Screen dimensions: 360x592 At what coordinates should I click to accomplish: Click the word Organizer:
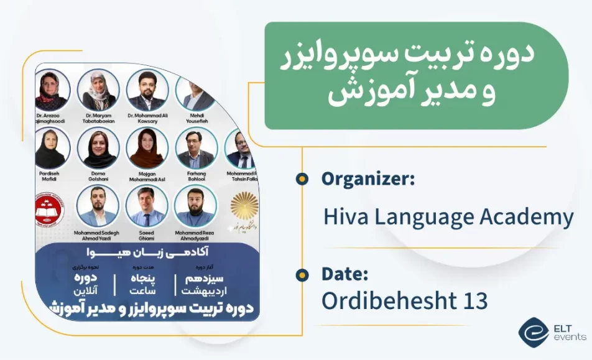click(x=368, y=180)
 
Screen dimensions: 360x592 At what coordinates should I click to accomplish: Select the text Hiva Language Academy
click(x=448, y=218)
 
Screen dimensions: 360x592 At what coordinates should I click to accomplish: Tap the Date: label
click(x=345, y=274)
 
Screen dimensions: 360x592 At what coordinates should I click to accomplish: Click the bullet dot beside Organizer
click(x=302, y=180)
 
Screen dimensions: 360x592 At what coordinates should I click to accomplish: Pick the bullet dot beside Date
click(x=302, y=274)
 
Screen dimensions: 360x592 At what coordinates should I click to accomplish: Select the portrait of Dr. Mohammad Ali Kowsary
click(x=147, y=90)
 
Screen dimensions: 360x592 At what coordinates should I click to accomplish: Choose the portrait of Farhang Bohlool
click(x=197, y=148)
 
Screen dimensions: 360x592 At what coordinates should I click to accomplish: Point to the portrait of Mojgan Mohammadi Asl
click(x=147, y=148)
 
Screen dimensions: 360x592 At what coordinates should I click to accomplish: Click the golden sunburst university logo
click(x=243, y=208)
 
